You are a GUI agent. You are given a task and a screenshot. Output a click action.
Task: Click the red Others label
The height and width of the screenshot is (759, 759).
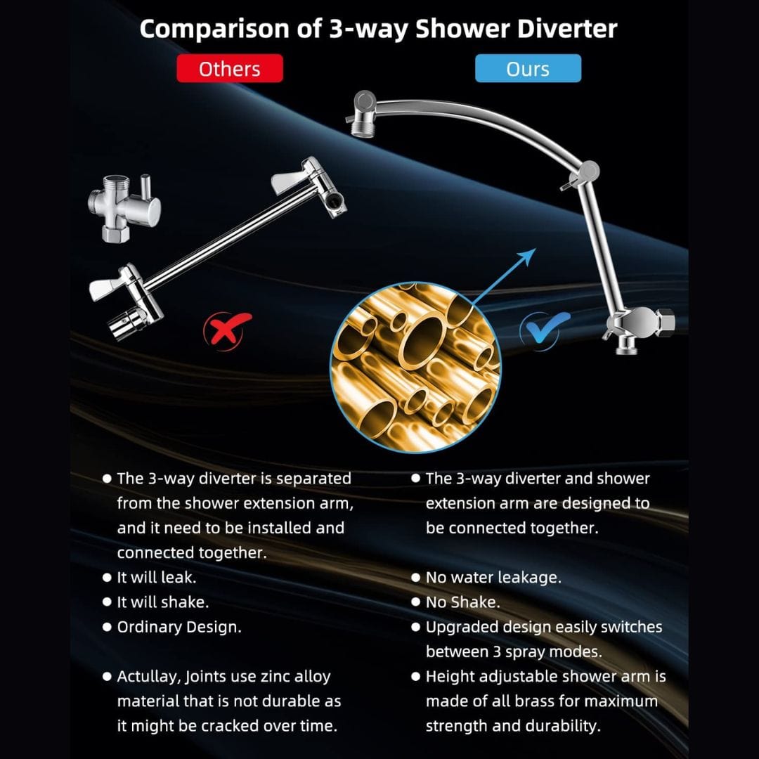click(229, 68)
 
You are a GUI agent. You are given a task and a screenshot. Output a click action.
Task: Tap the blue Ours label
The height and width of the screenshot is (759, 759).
click(528, 68)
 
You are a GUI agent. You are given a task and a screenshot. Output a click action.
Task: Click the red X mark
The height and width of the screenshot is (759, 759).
click(228, 329)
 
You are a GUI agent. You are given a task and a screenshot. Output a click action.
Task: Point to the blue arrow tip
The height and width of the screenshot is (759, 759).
click(536, 249)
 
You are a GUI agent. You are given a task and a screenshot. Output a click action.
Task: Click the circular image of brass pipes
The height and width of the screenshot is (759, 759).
click(415, 368)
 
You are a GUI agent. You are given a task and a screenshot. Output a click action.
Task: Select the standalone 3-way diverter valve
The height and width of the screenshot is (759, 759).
click(124, 207)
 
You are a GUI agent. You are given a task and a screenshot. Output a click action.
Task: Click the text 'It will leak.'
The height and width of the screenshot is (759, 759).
click(156, 578)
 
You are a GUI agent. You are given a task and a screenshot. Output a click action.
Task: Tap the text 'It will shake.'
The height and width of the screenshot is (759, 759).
click(162, 602)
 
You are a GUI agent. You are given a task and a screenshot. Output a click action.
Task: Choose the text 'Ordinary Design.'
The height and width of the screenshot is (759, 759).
click(179, 628)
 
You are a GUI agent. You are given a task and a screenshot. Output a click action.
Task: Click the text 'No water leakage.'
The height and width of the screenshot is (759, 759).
click(493, 578)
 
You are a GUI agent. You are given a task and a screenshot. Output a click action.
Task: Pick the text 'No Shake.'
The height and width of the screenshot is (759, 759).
click(462, 602)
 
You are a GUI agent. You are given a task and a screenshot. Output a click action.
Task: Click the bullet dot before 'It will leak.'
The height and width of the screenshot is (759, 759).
click(108, 578)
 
